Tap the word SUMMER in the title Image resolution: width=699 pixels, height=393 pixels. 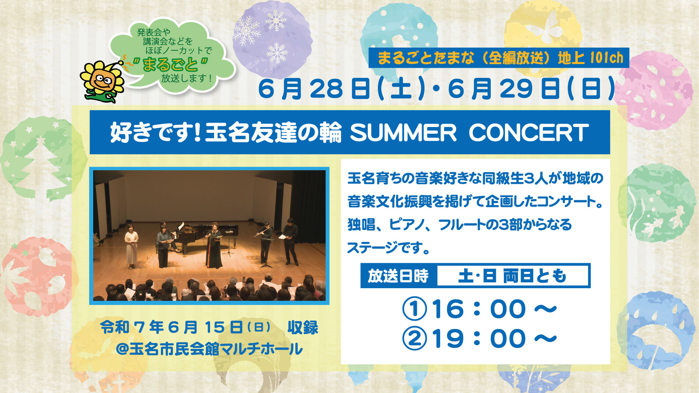pos(403,132)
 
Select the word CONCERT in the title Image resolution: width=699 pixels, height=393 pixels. pos(529,132)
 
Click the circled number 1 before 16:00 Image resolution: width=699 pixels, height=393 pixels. pos(414,309)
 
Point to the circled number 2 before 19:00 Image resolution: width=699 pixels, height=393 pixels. pos(414,338)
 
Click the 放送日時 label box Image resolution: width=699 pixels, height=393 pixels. pos(398,276)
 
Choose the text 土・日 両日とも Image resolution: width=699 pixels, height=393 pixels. pos(512,276)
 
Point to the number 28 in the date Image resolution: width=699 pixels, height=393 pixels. pos(327,89)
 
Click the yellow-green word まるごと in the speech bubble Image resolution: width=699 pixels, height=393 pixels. pos(170,65)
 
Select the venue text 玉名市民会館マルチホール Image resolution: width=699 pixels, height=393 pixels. pos(216,349)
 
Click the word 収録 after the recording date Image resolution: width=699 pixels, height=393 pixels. pos(303,327)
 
